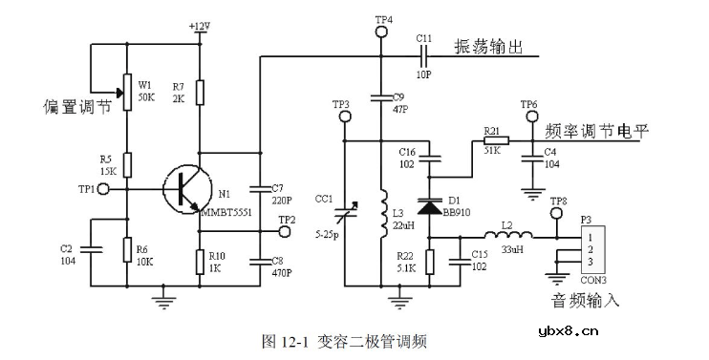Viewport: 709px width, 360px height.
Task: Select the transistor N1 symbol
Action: click(182, 188)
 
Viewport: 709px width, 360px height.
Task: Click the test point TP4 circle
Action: click(381, 32)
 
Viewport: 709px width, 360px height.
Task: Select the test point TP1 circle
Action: click(102, 189)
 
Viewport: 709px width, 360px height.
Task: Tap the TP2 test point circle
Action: click(285, 230)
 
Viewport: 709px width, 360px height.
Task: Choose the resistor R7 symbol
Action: click(199, 92)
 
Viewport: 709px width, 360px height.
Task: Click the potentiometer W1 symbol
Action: click(126, 92)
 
